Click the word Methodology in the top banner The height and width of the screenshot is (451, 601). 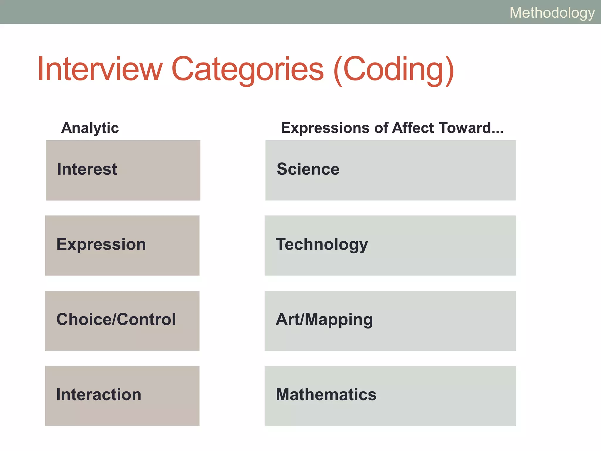click(x=552, y=13)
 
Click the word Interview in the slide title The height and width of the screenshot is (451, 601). click(x=100, y=69)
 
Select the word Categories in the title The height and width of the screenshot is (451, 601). click(x=247, y=69)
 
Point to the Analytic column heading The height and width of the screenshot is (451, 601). click(x=90, y=128)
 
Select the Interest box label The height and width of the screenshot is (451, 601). click(x=87, y=169)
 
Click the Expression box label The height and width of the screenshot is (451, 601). click(x=101, y=244)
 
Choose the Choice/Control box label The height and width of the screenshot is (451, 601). click(x=116, y=319)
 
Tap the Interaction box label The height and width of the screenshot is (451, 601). click(x=99, y=395)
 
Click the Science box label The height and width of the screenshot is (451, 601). click(x=308, y=169)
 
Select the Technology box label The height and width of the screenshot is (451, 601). click(x=322, y=244)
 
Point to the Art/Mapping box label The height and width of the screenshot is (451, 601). click(x=324, y=319)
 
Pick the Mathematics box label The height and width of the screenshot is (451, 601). click(x=326, y=395)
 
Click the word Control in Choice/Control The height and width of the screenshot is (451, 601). click(x=147, y=319)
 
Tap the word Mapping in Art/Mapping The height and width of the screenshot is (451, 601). click(x=339, y=319)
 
